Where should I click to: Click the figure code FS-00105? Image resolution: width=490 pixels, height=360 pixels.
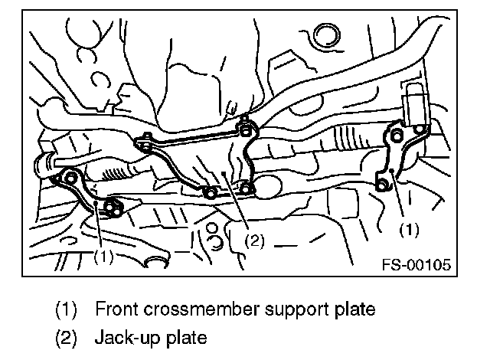pyautogui.click(x=416, y=265)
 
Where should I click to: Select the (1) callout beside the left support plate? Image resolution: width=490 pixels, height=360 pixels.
pyautogui.click(x=104, y=257)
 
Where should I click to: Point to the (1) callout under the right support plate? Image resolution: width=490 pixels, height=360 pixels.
pyautogui.click(x=410, y=228)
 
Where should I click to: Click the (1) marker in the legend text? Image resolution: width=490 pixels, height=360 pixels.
pyautogui.click(x=67, y=310)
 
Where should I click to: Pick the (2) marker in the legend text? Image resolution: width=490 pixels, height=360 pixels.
pyautogui.click(x=67, y=338)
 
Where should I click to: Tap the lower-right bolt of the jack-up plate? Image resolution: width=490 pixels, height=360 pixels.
pyautogui.click(x=246, y=188)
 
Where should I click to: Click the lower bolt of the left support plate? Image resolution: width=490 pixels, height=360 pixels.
pyautogui.click(x=113, y=206)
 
